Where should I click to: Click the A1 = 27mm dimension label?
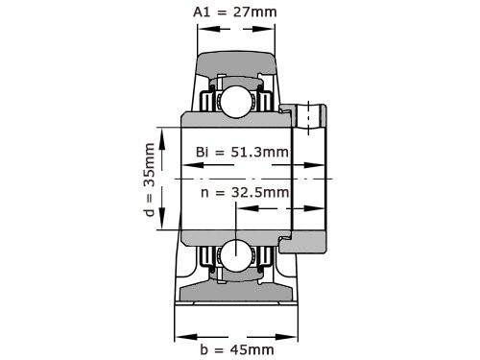tap(234, 12)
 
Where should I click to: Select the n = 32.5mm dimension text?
tap(245, 192)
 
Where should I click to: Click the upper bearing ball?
tap(234, 100)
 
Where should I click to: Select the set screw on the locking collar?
tap(310, 112)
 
